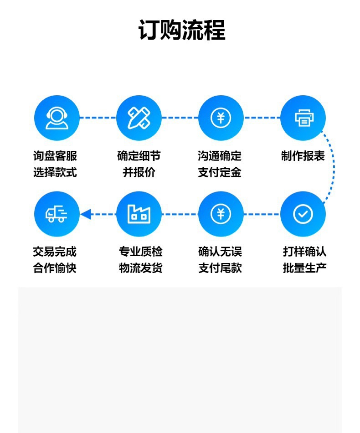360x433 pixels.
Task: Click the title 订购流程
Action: (x=181, y=31)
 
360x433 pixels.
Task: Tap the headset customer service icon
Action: (x=57, y=118)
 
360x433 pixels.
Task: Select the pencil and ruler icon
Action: (x=139, y=118)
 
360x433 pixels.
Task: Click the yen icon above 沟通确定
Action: (x=221, y=118)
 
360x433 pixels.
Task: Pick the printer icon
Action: (x=303, y=118)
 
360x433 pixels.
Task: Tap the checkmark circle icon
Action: (x=303, y=214)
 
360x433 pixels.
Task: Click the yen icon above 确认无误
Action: (x=221, y=214)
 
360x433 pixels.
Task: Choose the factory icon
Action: (x=139, y=214)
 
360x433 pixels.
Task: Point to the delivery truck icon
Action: (x=57, y=214)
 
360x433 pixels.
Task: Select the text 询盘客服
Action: (x=55, y=156)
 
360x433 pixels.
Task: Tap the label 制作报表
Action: (x=303, y=156)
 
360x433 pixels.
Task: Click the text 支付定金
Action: (x=220, y=173)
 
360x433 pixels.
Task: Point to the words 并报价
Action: (x=139, y=173)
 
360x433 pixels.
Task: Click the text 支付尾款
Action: (x=220, y=268)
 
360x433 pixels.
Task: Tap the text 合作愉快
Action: (x=55, y=268)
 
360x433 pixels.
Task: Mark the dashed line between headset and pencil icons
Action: (x=98, y=118)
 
